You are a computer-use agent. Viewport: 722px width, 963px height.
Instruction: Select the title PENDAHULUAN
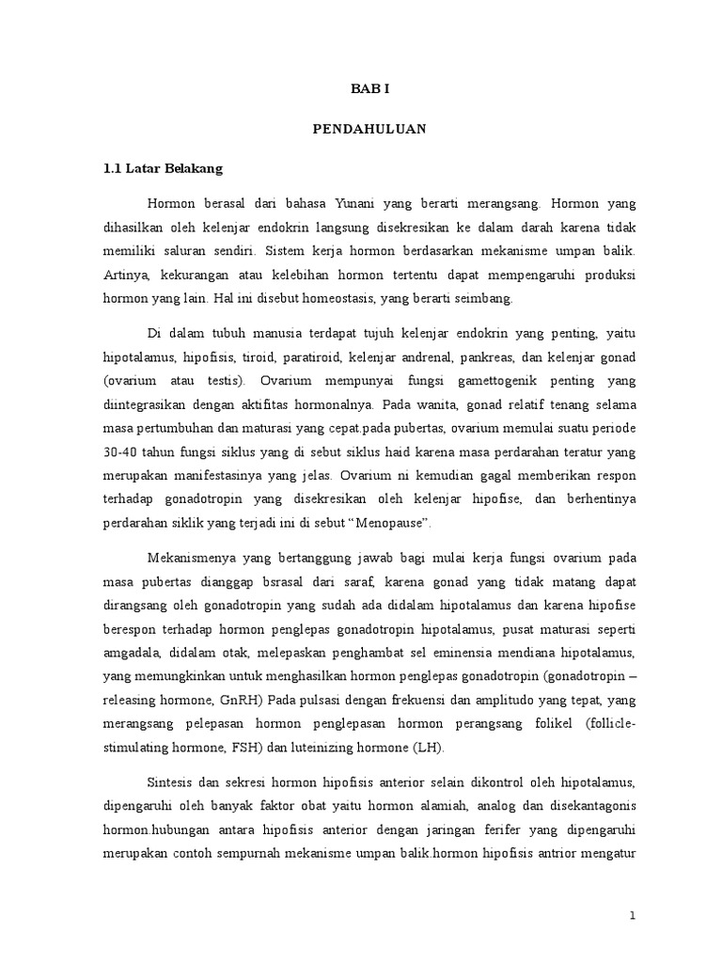(x=369, y=130)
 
